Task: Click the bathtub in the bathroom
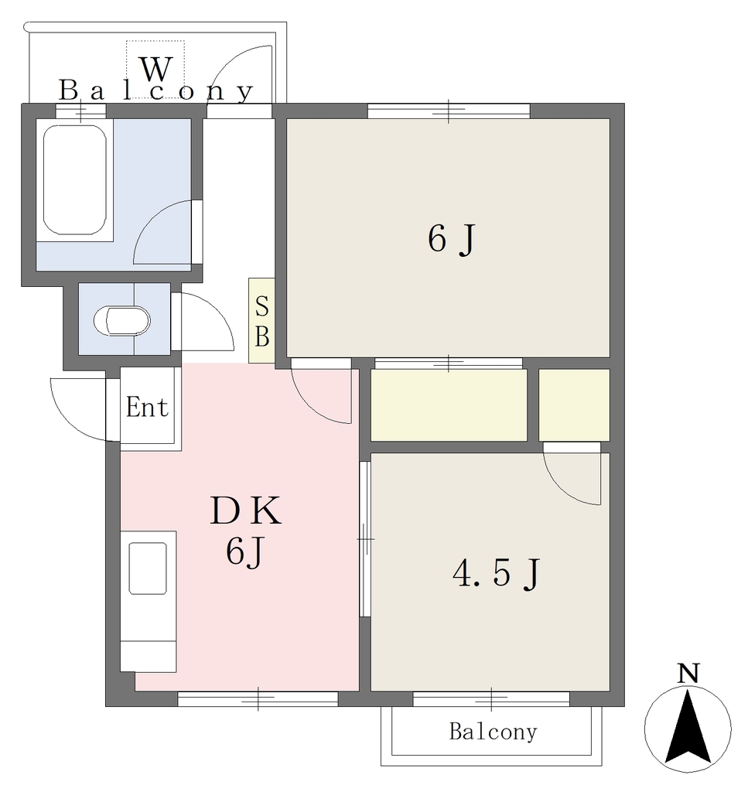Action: tap(75, 179)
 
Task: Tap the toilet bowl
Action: tap(121, 321)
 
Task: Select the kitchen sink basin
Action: tap(148, 568)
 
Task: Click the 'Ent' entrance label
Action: tap(147, 407)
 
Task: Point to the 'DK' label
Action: tap(245, 510)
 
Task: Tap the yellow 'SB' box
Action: tap(261, 320)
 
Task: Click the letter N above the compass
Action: tap(688, 674)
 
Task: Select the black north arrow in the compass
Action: tap(688, 727)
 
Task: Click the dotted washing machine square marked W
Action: tap(155, 69)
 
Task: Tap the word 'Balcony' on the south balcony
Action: tap(493, 732)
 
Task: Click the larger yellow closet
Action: tap(449, 405)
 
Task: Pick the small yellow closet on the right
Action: tap(574, 405)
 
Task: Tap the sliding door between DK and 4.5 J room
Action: tap(365, 539)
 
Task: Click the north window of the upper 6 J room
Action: tap(449, 111)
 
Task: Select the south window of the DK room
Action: tap(258, 699)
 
